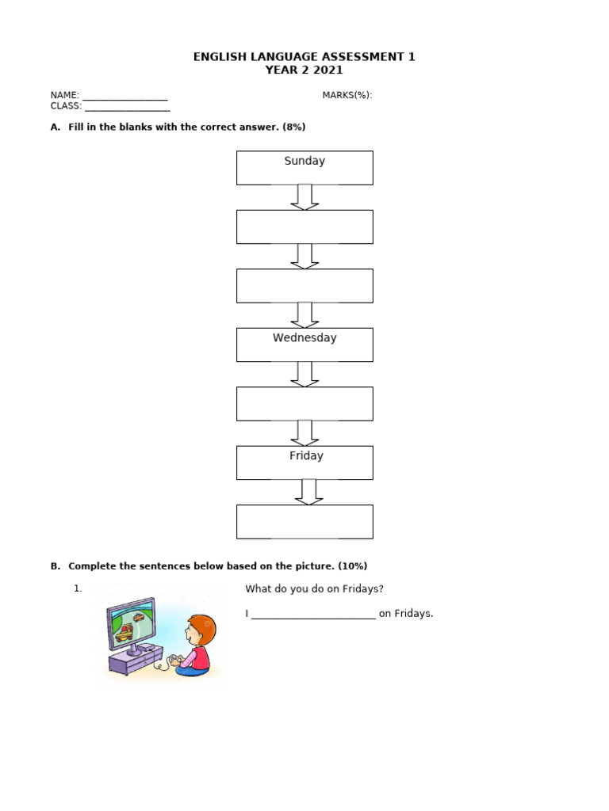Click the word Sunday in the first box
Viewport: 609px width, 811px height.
click(304, 161)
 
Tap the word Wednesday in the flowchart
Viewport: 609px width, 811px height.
click(304, 338)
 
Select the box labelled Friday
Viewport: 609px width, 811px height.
click(304, 463)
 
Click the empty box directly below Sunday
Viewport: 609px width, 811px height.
click(304, 227)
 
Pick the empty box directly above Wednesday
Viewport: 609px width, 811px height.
click(304, 285)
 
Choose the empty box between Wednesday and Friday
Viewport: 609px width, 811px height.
click(304, 403)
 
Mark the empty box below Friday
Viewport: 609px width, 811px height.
click(304, 521)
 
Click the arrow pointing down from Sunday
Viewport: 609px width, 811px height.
click(304, 197)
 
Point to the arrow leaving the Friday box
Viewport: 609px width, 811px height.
click(308, 492)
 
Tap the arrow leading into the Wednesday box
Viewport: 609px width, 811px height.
click(304, 314)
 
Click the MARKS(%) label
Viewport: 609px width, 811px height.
click(347, 96)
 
